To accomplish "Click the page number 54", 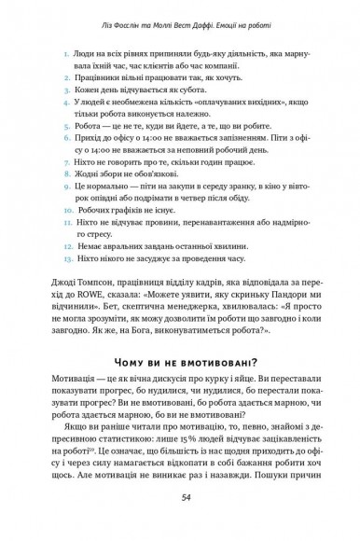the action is [180, 509].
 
